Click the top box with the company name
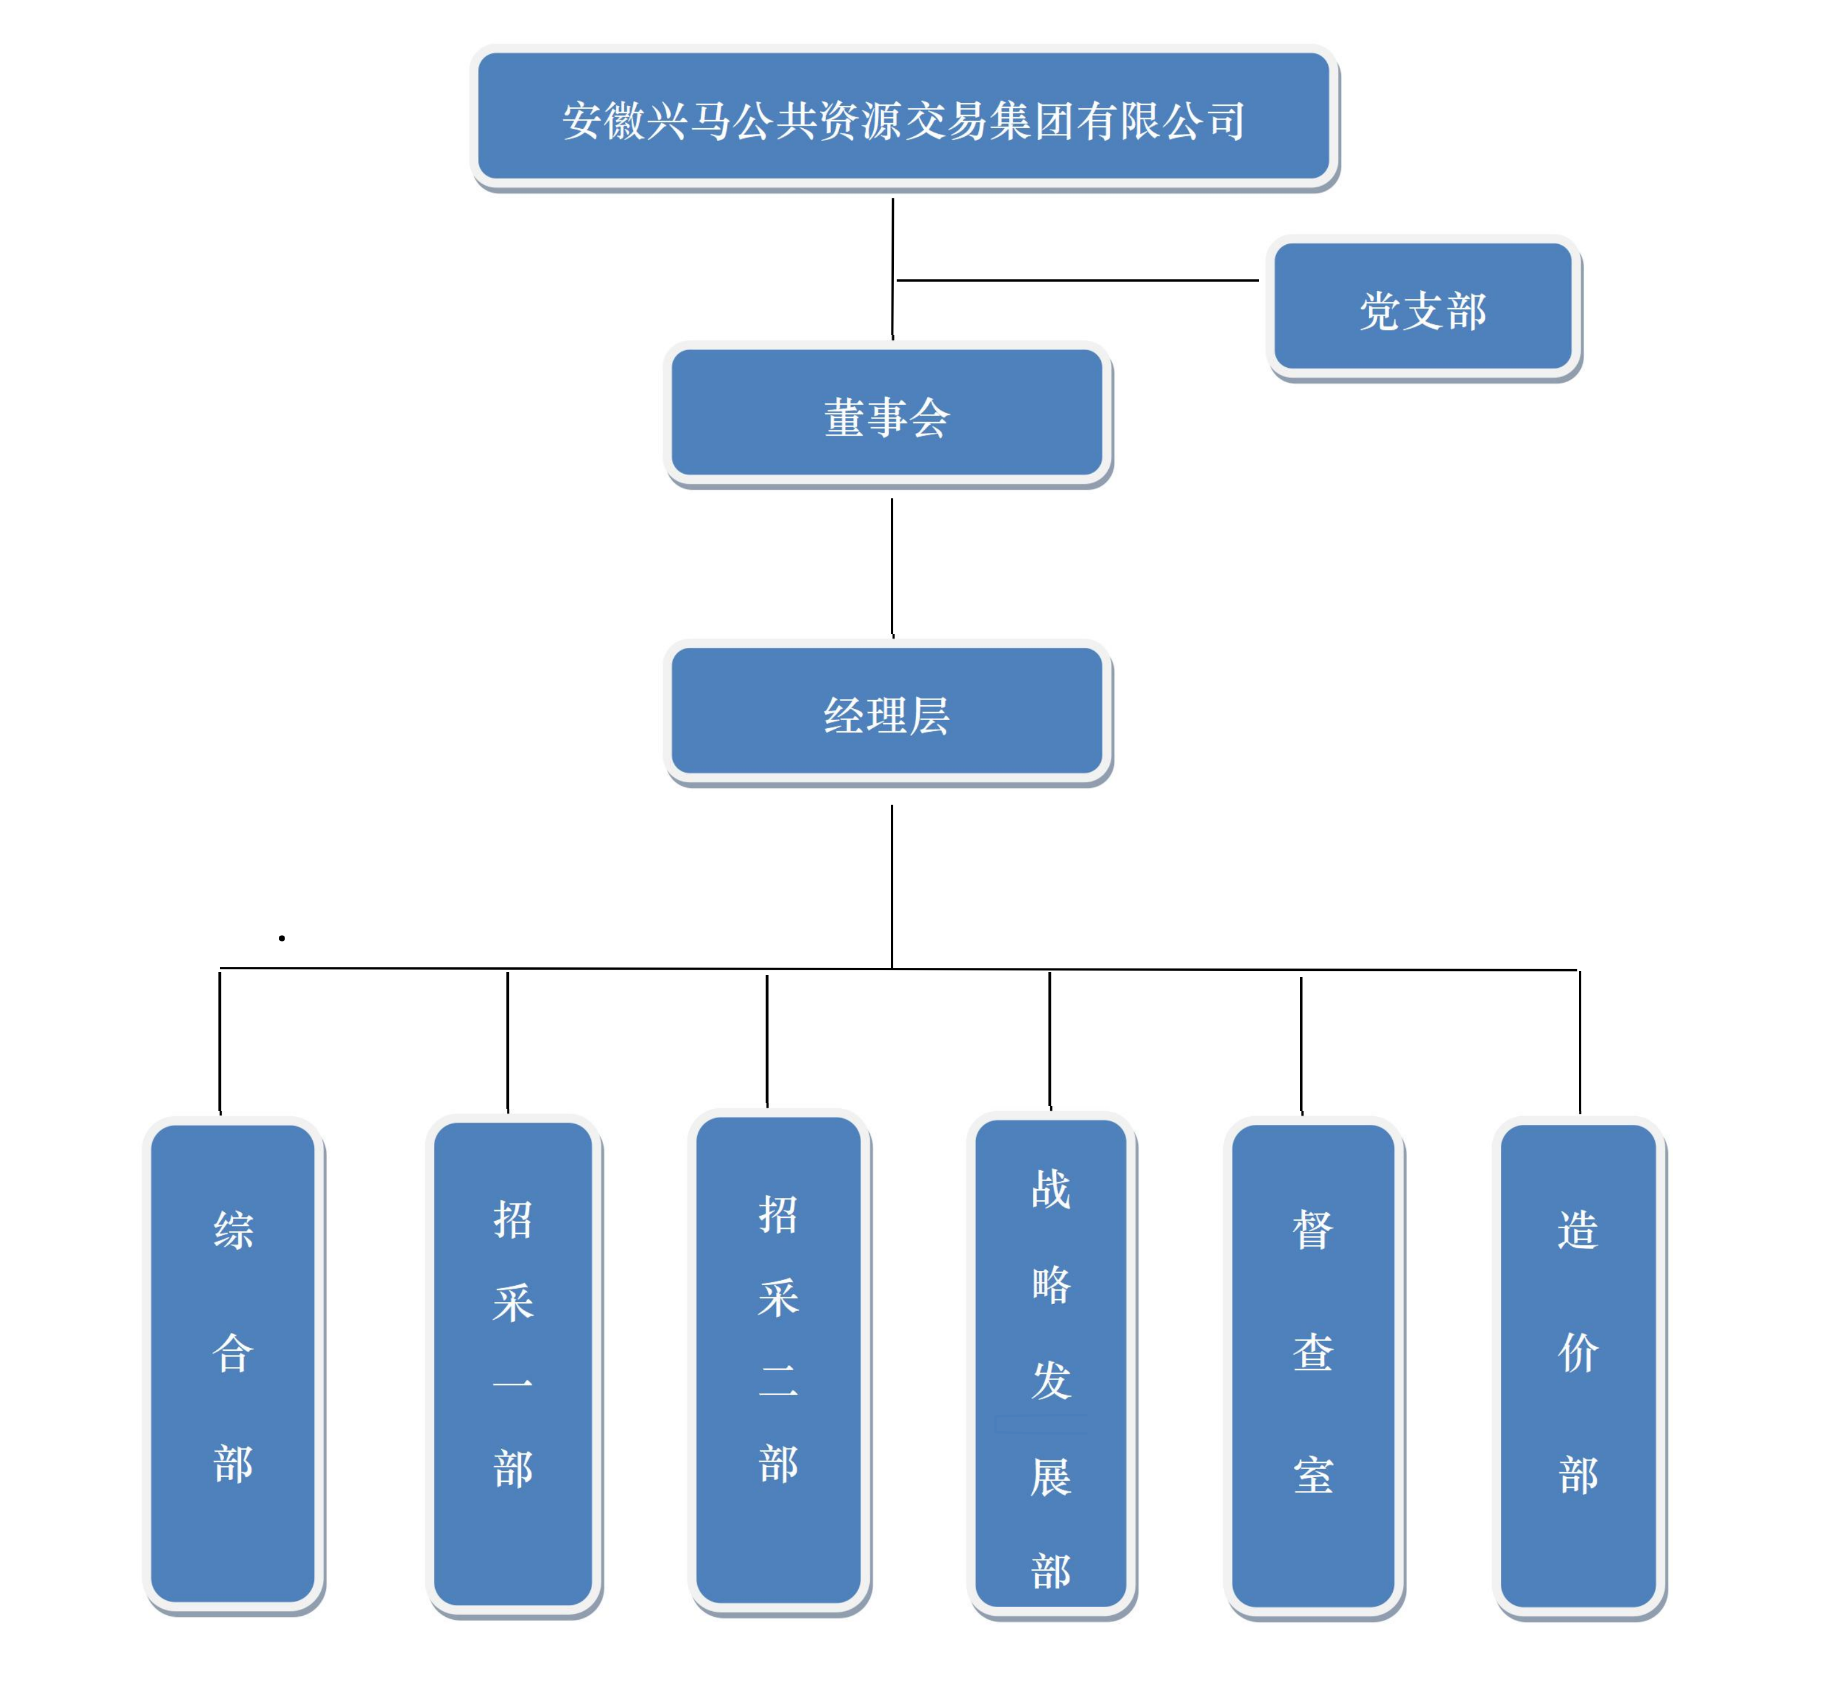coord(903,117)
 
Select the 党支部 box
coord(1423,308)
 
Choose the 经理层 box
coord(886,712)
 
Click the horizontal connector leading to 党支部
coord(1077,280)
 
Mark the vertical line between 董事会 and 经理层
coord(892,566)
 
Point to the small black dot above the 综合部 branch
coord(282,937)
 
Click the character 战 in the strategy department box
coord(1051,1189)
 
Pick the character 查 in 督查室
coord(1313,1352)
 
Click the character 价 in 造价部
coord(1578,1352)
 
